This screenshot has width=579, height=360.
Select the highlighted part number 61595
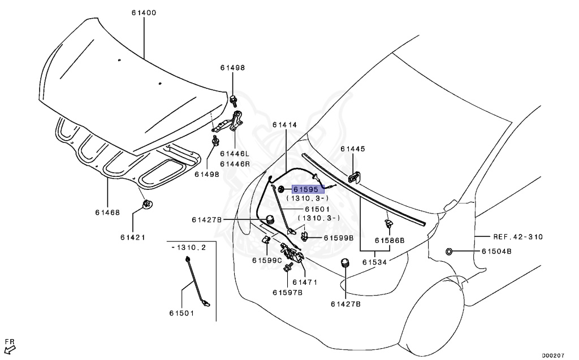(305, 190)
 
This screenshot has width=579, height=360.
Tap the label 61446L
(235, 154)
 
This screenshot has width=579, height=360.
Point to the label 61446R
(235, 163)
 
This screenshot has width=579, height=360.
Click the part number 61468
(107, 212)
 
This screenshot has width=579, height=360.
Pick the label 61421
(132, 237)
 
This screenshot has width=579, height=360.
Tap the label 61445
(353, 149)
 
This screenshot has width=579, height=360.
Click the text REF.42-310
(516, 237)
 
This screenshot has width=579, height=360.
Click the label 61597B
(287, 292)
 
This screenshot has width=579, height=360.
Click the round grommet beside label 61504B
(448, 251)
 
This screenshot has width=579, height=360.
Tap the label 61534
(374, 262)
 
